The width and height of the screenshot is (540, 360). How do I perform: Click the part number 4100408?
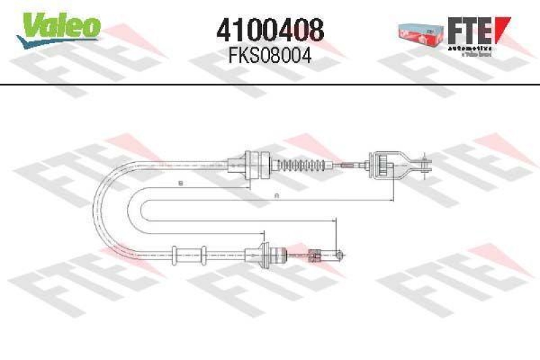270,30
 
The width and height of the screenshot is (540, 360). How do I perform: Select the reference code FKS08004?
270,56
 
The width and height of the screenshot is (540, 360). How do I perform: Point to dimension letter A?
276,195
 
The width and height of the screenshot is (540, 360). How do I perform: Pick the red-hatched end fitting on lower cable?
314,255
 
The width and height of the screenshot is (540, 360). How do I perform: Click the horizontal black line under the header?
270,84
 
